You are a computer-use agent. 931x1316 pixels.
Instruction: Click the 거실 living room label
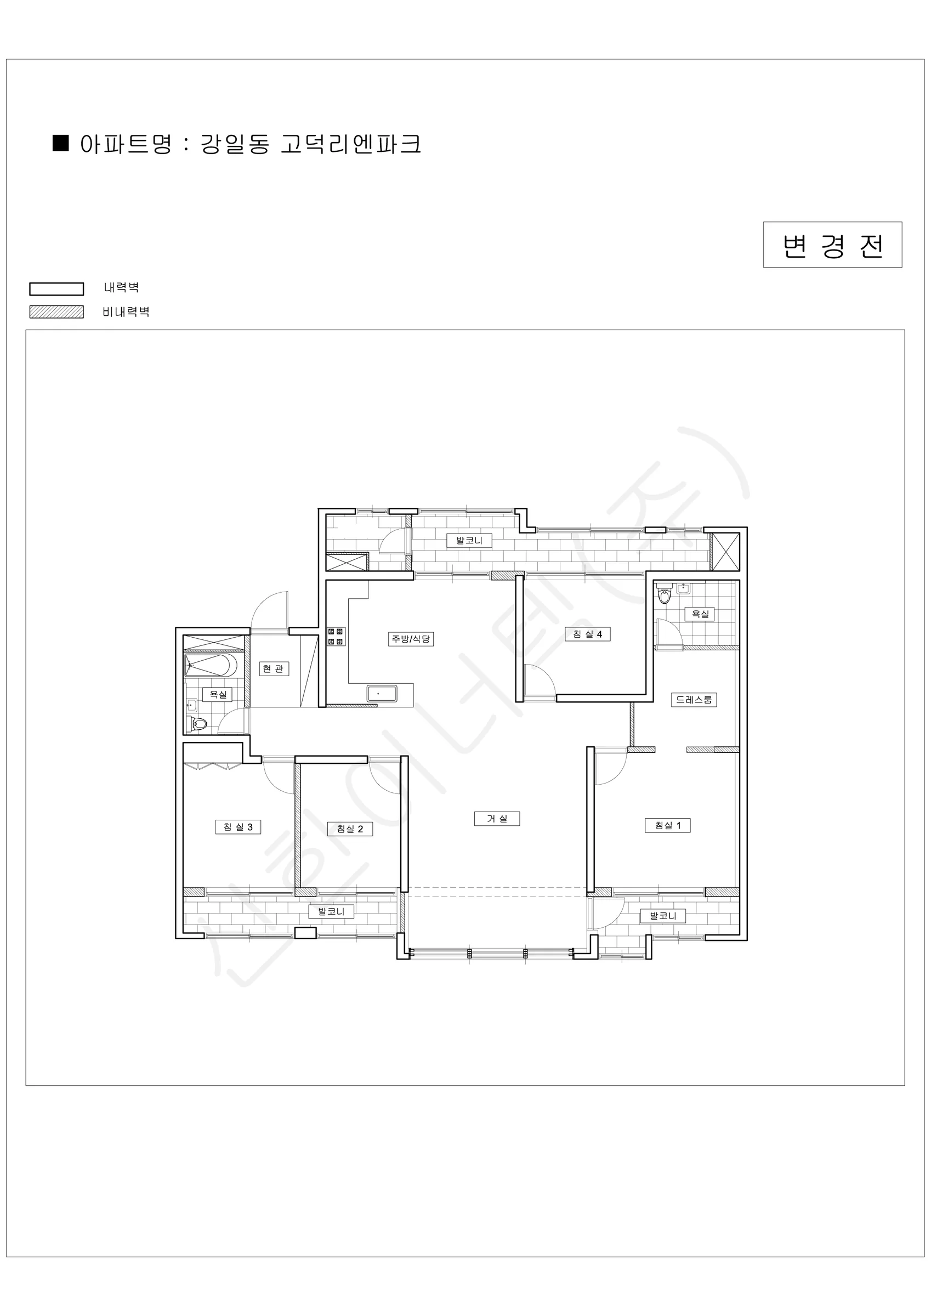[497, 819]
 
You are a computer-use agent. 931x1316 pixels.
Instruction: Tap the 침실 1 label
[668, 825]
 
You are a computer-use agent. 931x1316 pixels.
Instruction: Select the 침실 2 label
[350, 829]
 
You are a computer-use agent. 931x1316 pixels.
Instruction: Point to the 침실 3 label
[238, 826]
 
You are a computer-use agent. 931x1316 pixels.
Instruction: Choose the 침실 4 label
[588, 634]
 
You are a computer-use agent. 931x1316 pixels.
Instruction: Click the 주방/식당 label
[411, 638]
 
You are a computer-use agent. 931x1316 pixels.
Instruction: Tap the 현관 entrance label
[273, 668]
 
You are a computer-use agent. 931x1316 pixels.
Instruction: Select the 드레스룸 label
[694, 699]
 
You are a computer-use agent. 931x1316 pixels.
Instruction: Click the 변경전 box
[832, 245]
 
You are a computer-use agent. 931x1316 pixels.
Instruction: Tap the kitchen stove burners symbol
[336, 637]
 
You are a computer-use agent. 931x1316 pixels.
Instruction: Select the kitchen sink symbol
[382, 693]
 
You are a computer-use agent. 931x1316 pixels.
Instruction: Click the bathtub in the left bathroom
[211, 666]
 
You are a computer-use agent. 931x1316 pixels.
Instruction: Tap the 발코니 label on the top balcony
[469, 540]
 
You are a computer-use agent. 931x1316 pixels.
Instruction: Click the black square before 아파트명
[61, 143]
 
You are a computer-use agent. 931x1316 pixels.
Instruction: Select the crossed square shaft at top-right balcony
[725, 552]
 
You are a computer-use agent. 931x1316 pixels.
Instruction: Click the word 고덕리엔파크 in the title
[351, 144]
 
